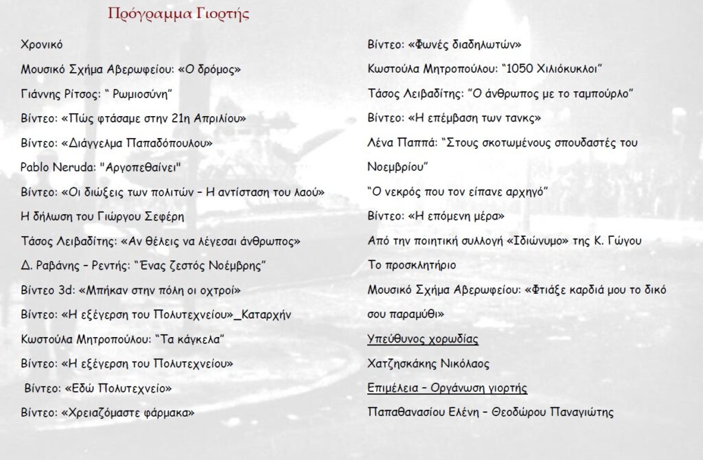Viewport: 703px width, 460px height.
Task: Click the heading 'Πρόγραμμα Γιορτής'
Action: click(178, 14)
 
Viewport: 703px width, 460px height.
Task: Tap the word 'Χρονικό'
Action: click(42, 45)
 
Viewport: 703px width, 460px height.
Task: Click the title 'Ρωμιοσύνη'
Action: click(140, 93)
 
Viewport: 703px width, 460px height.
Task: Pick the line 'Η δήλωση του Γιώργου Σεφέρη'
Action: click(102, 216)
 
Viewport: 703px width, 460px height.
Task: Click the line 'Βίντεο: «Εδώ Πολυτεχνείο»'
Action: click(97, 388)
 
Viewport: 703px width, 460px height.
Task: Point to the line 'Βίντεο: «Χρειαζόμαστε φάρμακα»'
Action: click(108, 413)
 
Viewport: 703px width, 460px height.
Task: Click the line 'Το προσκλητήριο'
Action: click(412, 265)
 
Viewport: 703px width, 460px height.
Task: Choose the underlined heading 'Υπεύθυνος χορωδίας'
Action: click(423, 339)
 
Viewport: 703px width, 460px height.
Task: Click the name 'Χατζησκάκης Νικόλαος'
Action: click(428, 364)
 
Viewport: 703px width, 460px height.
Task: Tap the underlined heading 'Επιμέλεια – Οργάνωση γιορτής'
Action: click(448, 389)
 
